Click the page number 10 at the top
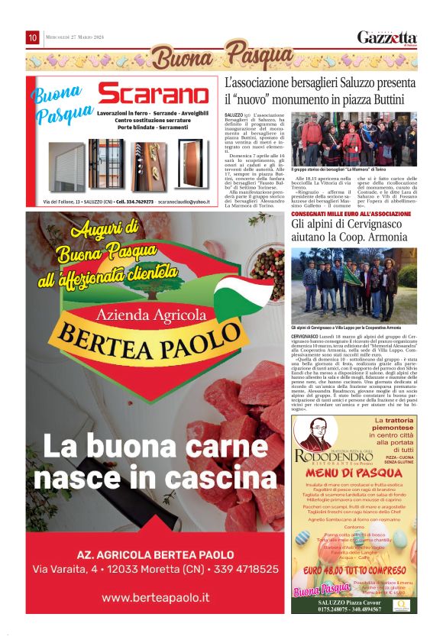33,37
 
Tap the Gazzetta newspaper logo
387,37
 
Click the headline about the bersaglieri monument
320,91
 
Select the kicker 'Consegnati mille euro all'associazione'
351,215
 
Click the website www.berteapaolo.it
155,597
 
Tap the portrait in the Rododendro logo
311,437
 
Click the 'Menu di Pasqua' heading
354,474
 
